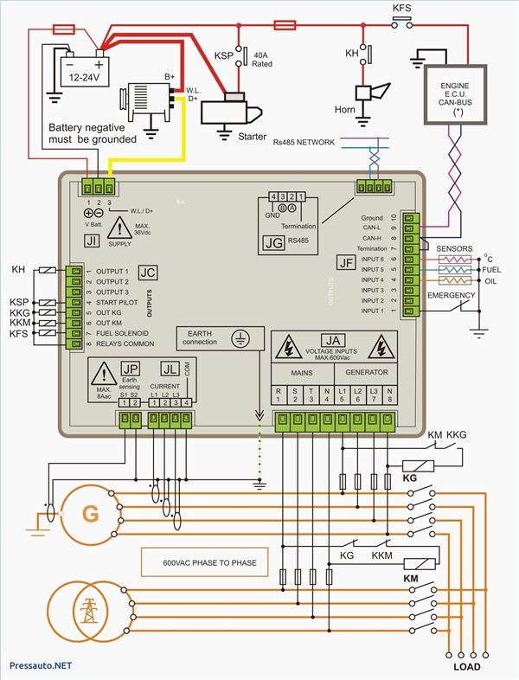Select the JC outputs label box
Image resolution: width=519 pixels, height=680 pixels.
[x=148, y=273]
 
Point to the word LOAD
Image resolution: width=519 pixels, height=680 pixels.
[x=468, y=667]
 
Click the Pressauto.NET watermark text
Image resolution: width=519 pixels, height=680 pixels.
[x=39, y=667]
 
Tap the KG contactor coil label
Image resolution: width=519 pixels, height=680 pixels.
[x=410, y=477]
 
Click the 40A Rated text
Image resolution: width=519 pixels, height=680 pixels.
[x=264, y=58]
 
